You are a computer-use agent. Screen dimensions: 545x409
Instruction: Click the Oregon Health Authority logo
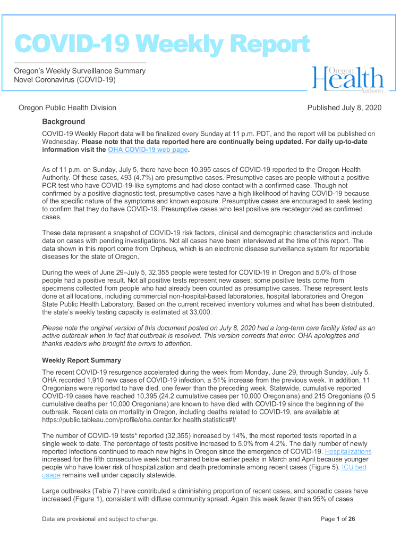point(347,80)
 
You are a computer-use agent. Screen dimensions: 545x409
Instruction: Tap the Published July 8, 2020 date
point(344,108)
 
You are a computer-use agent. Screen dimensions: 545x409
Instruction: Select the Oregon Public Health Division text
point(67,108)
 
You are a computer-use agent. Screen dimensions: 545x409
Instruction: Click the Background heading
point(63,121)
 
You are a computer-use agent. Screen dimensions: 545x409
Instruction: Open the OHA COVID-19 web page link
point(148,150)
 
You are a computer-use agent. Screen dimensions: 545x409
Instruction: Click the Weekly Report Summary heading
point(81,360)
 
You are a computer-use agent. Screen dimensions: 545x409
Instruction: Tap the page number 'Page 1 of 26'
point(338,519)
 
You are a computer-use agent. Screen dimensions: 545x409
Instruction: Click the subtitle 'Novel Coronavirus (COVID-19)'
point(64,80)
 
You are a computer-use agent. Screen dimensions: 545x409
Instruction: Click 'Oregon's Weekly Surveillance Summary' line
point(80,71)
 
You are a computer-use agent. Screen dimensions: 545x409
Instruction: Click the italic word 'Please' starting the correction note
point(53,328)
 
